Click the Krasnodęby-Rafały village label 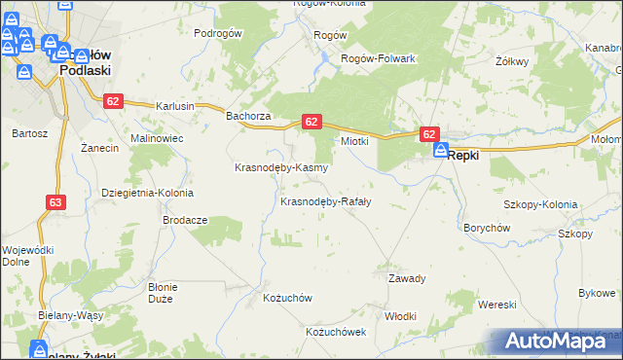(325, 202)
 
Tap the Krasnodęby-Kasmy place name (281, 167)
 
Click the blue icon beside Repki (441, 151)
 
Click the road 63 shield (55, 202)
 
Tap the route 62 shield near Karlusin (114, 100)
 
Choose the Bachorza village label (247, 117)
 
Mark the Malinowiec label (157, 139)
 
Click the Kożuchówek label (335, 332)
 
